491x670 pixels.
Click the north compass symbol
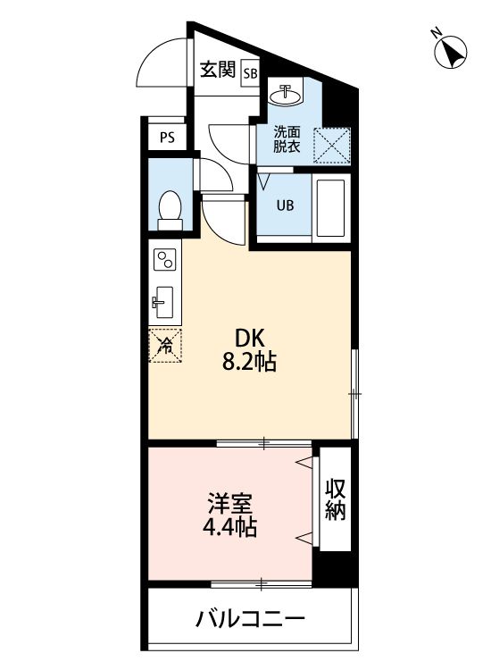coord(450,51)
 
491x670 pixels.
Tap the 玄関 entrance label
coord(218,69)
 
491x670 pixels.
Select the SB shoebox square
coord(250,73)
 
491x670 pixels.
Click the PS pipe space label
coord(167,138)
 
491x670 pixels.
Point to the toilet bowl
coord(170,210)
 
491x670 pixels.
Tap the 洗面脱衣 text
coord(287,138)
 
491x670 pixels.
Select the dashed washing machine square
coord(332,146)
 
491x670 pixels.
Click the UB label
coord(285,205)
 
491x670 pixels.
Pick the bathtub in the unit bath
coord(331,207)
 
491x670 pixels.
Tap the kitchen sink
coord(163,302)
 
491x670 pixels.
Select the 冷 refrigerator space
coord(165,346)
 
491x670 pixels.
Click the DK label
coord(250,339)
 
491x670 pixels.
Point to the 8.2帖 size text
coord(249,363)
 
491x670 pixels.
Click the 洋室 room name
coord(230,503)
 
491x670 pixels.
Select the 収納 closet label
coord(335,499)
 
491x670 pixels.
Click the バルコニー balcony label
coord(250,618)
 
